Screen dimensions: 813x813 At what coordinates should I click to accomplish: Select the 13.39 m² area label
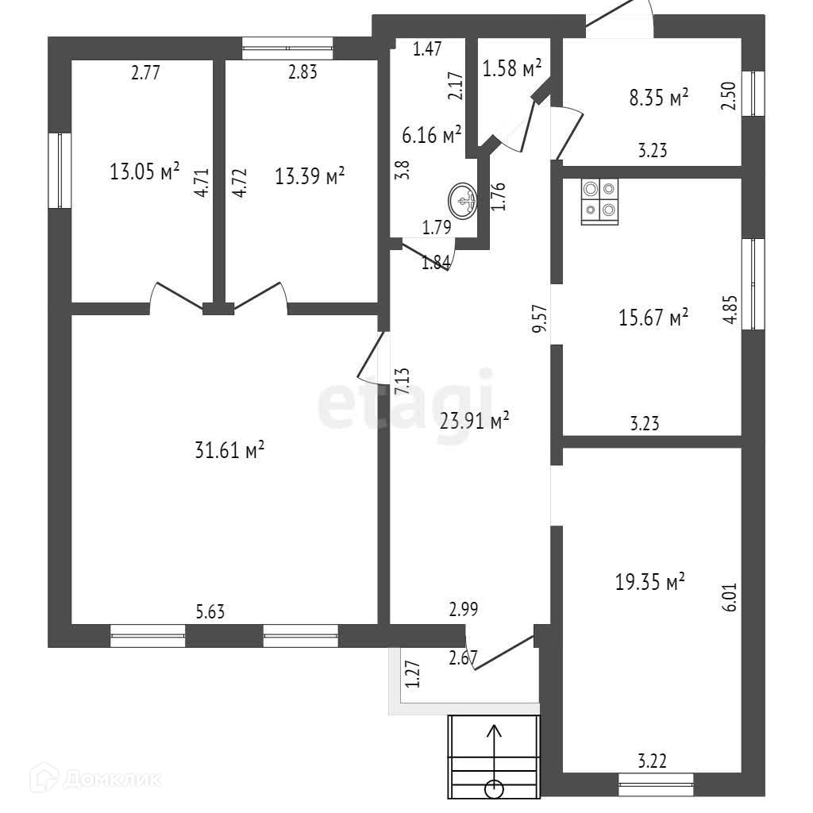click(310, 175)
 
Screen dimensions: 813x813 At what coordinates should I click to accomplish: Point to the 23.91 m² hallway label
click(474, 421)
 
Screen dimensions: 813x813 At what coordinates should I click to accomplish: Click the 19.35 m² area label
click(650, 582)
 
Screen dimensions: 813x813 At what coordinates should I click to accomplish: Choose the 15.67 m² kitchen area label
click(653, 318)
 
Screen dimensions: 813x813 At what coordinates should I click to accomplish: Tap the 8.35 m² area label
click(657, 98)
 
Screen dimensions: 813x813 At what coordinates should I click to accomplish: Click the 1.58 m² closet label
click(512, 69)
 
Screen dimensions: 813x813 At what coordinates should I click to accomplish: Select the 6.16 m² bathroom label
click(432, 135)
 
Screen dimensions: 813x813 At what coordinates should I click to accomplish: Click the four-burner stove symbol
click(600, 200)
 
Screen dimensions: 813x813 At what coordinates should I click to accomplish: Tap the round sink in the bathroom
click(463, 201)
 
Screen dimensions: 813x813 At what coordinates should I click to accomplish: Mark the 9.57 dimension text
click(540, 318)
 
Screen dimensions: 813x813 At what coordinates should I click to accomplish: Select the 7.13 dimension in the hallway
click(403, 382)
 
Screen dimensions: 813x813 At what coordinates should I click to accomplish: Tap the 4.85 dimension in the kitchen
click(730, 310)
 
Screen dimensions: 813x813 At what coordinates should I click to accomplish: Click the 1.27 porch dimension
click(411, 673)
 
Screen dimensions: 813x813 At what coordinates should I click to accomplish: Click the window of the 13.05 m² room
click(60, 170)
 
